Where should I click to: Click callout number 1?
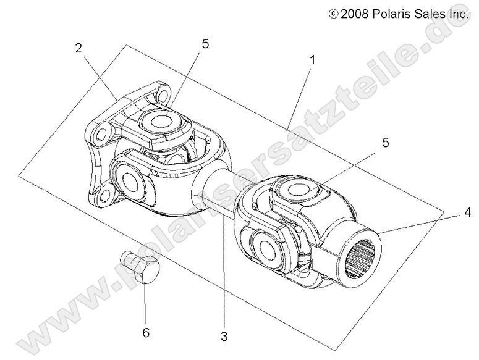(x=313, y=60)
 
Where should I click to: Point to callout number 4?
(x=467, y=213)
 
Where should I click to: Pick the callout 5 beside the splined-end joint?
(x=368, y=143)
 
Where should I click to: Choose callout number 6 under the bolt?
(x=146, y=333)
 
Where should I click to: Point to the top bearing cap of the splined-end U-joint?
(x=300, y=191)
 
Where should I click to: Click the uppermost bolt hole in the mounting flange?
(x=162, y=94)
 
